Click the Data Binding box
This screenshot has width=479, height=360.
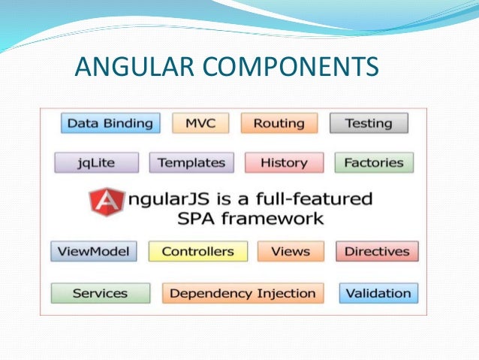pyautogui.click(x=110, y=123)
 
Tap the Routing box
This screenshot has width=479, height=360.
pyautogui.click(x=279, y=123)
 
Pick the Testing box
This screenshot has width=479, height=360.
pyautogui.click(x=369, y=123)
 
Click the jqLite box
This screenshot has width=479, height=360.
pyautogui.click(x=97, y=162)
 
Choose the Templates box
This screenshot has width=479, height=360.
pyautogui.click(x=191, y=162)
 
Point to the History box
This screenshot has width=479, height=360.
pyautogui.click(x=284, y=162)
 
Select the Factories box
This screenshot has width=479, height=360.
pyautogui.click(x=373, y=162)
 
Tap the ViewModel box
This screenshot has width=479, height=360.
pyautogui.click(x=94, y=252)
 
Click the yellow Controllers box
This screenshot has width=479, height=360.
pyautogui.click(x=197, y=252)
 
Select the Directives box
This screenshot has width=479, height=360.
pyautogui.click(x=377, y=252)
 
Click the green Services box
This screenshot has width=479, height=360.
pyautogui.click(x=100, y=293)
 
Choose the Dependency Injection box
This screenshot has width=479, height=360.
pyautogui.click(x=243, y=293)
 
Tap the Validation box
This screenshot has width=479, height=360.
pyautogui.click(x=378, y=293)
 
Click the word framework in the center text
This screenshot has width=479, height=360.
pyautogui.click(x=278, y=219)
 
